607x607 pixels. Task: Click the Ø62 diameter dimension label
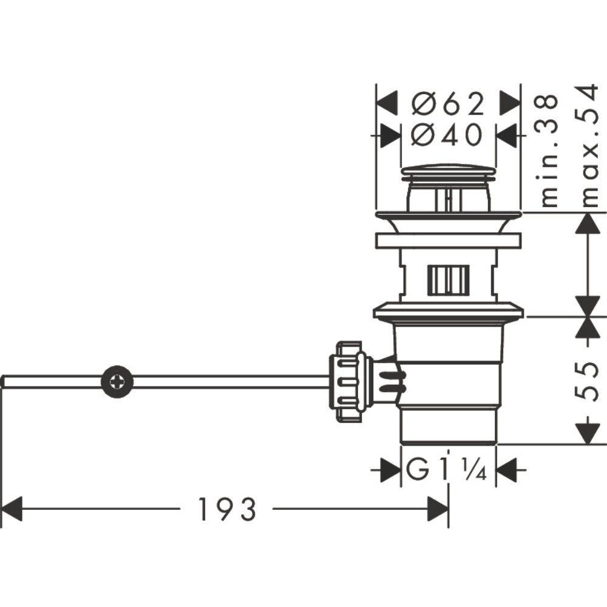448,104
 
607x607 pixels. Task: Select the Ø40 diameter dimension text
448,134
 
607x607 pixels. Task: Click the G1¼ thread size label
447,470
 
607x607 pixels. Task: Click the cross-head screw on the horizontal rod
117,381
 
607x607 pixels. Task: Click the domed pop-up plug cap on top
448,171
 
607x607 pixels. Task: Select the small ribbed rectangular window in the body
448,280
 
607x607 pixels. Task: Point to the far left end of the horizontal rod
4,381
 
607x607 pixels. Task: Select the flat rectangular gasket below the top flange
448,241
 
